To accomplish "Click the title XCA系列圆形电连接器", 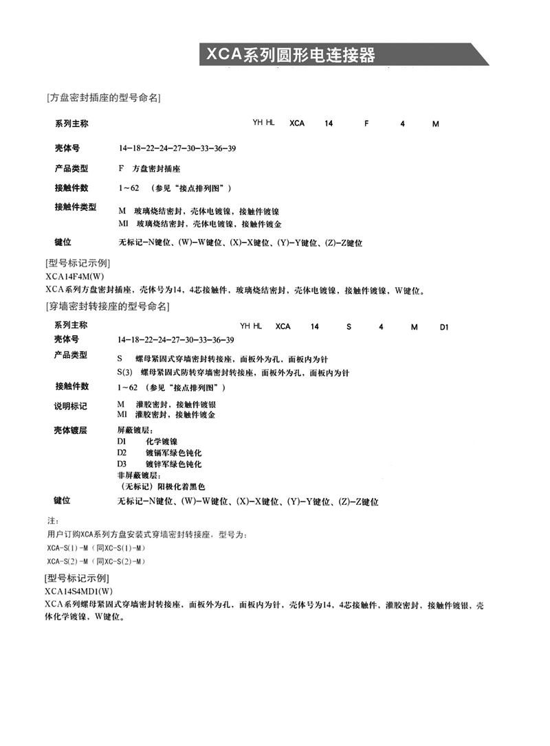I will pos(288,54).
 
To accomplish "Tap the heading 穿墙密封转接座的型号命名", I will pos(107,306).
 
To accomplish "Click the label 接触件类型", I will pos(75,207).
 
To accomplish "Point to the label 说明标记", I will pos(71,407).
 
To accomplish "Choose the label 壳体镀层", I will pos(71,431).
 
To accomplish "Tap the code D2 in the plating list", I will pos(122,453).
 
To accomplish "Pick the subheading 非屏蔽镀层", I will pos(140,475).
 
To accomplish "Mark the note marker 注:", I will pos(52,521).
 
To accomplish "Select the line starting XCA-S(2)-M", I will pos(96,561).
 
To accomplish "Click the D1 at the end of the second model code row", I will pos(444,327).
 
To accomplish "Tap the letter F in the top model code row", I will pos(366,124).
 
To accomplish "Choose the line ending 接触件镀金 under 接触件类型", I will pos(204,224).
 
